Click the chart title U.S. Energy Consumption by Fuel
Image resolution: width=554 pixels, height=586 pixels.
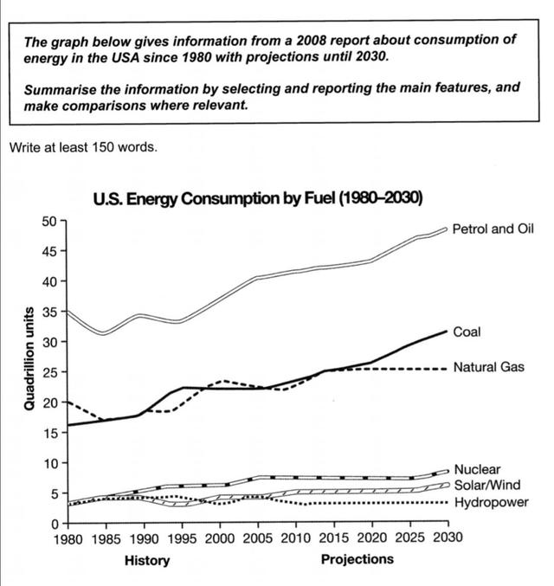[x=257, y=197]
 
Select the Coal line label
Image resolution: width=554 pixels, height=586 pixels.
[x=467, y=332]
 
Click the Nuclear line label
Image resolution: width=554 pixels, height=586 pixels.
[x=475, y=469]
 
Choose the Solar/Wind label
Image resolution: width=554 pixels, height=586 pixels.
[x=485, y=486]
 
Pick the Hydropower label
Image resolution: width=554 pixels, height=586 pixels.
[x=491, y=502]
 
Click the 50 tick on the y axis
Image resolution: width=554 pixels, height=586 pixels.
[x=49, y=221]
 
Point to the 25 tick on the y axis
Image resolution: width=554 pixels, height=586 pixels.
[x=49, y=372]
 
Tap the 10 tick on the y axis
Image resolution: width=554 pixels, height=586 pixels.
[x=49, y=463]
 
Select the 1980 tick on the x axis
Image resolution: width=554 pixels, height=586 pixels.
[x=67, y=538]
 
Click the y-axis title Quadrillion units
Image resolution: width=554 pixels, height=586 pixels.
[x=28, y=357]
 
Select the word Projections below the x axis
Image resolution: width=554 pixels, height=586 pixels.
[x=356, y=559]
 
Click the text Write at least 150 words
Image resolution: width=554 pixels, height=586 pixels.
[x=83, y=147]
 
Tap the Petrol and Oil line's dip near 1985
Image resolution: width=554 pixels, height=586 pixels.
[x=104, y=333]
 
